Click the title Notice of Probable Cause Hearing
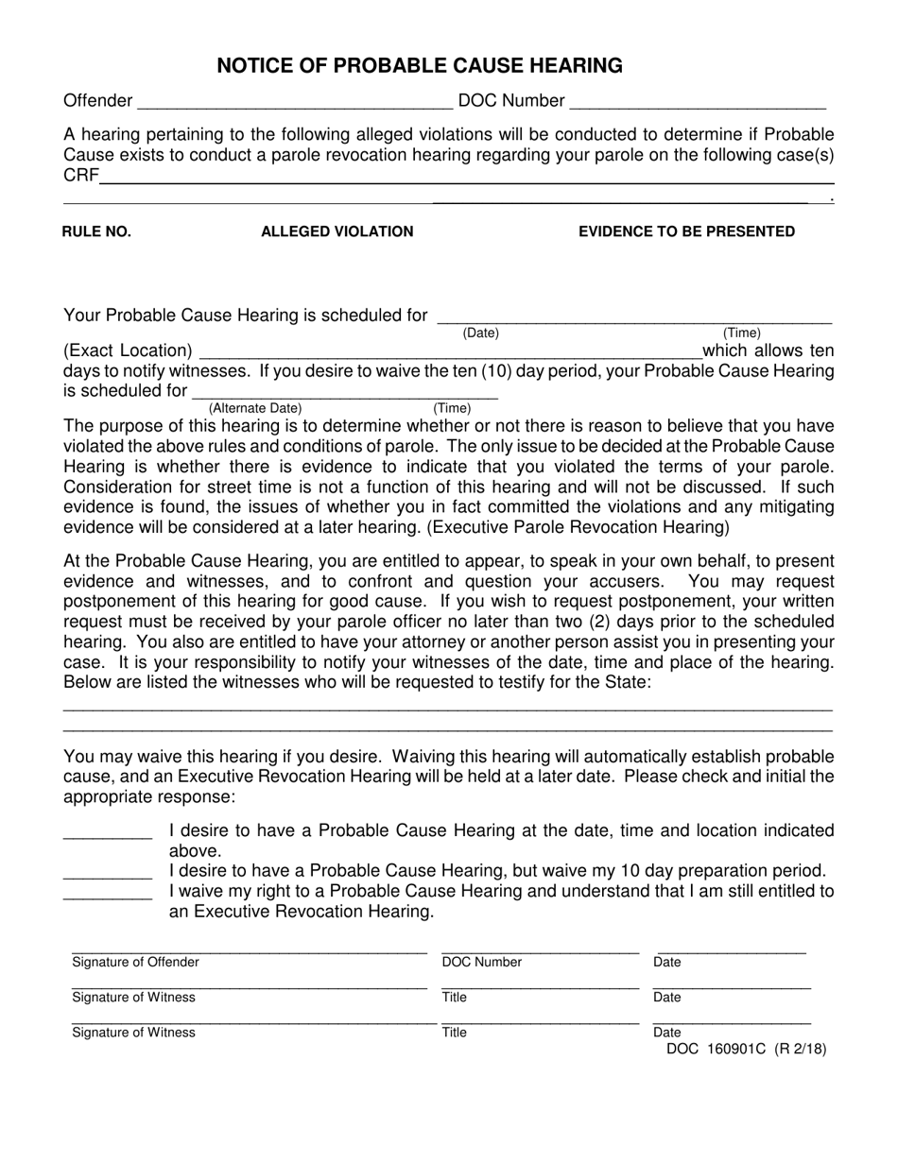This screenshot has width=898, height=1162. [x=420, y=65]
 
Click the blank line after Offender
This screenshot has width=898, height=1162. [x=294, y=101]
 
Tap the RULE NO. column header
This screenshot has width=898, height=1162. [x=96, y=231]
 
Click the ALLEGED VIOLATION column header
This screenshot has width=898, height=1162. [x=337, y=231]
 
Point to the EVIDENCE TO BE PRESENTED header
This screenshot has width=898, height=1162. [x=686, y=231]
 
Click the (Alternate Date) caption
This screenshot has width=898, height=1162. [x=255, y=408]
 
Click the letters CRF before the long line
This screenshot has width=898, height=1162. [x=80, y=177]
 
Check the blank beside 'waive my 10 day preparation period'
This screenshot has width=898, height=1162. [x=107, y=871]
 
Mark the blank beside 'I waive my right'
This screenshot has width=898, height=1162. [x=107, y=891]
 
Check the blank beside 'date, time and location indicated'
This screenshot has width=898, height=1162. [x=107, y=831]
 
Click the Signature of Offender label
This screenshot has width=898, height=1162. [x=135, y=963]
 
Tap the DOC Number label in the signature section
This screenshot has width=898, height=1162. [x=481, y=963]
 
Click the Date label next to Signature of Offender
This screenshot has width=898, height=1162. [x=666, y=963]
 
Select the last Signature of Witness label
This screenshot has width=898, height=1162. [x=133, y=1033]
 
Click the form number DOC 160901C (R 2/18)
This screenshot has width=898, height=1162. [x=746, y=1049]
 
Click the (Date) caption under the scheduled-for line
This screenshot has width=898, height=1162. [x=480, y=333]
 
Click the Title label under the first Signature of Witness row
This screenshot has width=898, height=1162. [x=454, y=998]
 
